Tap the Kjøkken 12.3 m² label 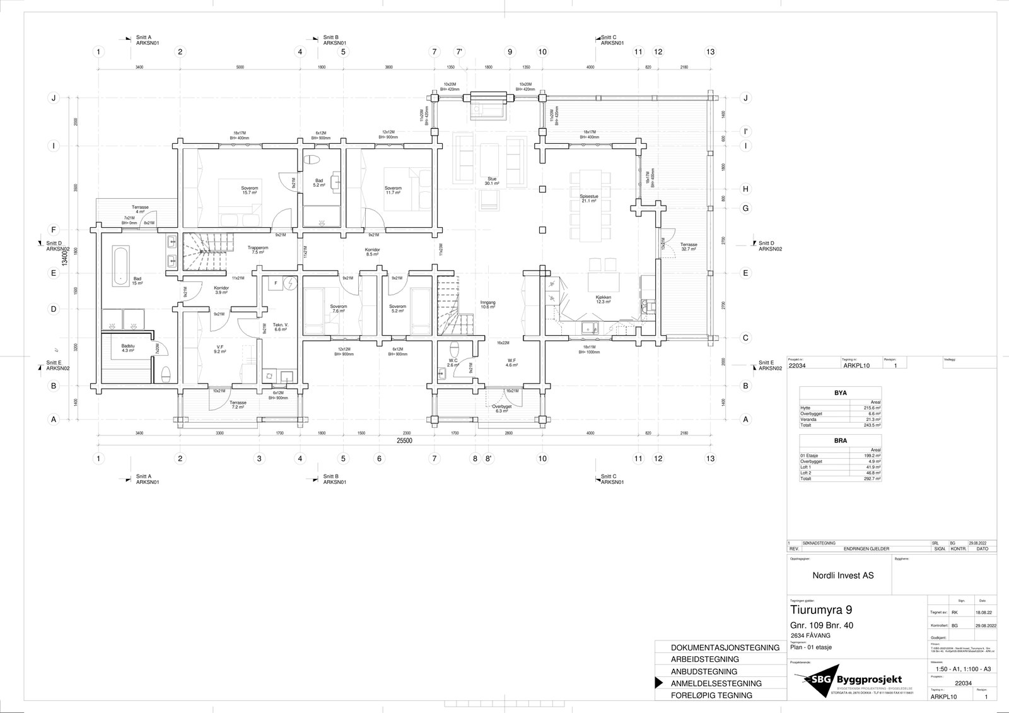604,299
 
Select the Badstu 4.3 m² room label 128,348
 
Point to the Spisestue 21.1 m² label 589,198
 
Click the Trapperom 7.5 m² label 258,250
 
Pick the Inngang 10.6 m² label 488,305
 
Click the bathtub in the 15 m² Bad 119,264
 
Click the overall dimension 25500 404,441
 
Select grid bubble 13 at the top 710,52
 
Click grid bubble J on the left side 54,98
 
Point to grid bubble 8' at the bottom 488,459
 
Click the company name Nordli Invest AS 843,575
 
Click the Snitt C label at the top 609,38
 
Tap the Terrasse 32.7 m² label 689,247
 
